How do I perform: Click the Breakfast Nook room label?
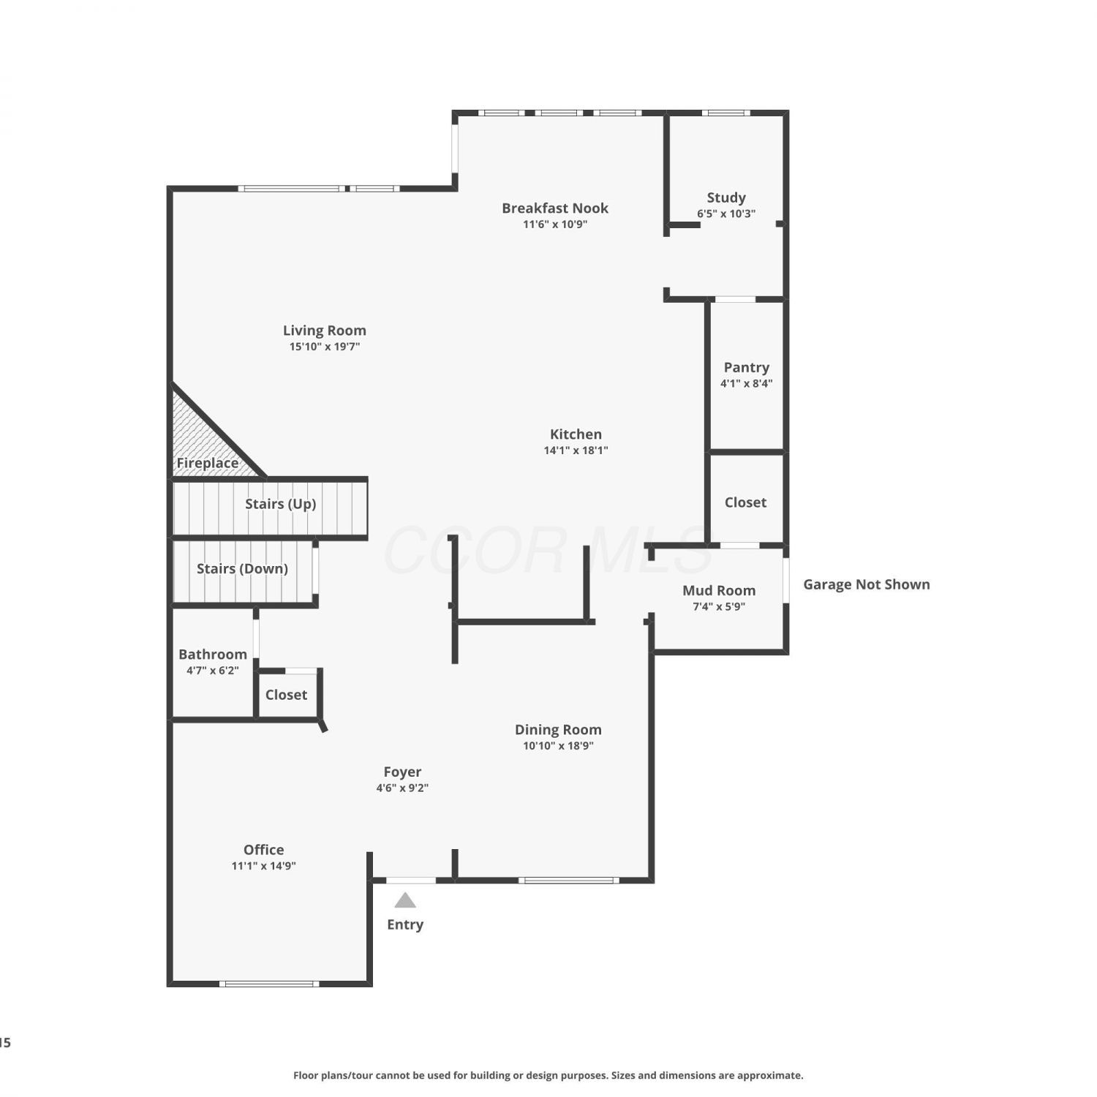pos(555,208)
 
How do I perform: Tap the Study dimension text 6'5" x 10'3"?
pos(726,214)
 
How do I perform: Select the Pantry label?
pos(747,368)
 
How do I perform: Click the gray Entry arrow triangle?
pos(405,900)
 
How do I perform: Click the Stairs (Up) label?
pos(281,504)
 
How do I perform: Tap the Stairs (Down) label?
pos(242,569)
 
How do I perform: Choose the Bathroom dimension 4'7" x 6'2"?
pos(213,670)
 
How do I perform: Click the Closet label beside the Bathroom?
pos(286,695)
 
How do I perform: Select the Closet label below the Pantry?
pos(745,502)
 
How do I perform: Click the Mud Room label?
pos(719,590)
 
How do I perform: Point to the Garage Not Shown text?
pos(867,584)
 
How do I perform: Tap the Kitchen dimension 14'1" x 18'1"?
pos(576,451)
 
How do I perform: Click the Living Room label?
pos(325,331)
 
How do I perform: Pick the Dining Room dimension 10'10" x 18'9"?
pos(558,746)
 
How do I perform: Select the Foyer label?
pos(402,772)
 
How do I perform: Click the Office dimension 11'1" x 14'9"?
pos(264,866)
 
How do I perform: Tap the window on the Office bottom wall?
pos(269,984)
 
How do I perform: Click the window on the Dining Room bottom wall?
pos(569,880)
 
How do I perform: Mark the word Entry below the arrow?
pos(405,925)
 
